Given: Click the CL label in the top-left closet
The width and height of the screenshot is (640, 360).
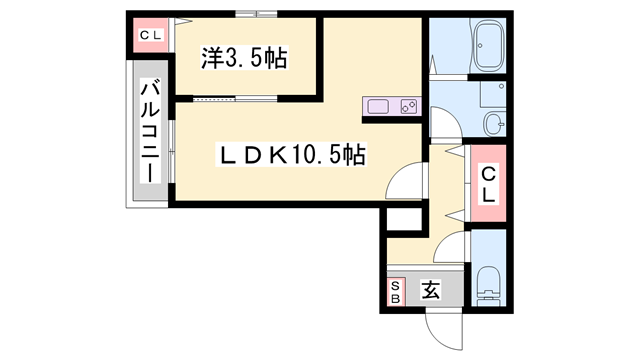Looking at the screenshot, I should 150,37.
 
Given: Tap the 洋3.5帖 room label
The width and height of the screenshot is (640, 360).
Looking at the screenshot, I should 245,58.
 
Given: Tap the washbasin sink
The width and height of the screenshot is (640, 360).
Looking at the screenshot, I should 493,124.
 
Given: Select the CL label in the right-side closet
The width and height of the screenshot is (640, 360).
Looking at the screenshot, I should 488,184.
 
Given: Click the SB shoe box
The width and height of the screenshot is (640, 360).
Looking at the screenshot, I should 395,292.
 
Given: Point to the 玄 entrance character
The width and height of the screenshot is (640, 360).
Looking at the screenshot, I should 431,291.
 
